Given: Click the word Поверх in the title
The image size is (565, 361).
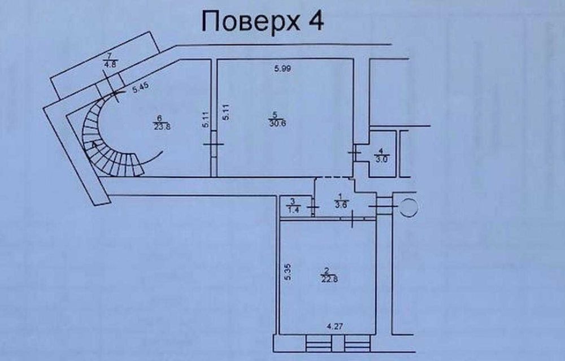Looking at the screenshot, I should coord(248,22).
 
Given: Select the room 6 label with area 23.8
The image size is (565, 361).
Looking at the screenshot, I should coord(161,122).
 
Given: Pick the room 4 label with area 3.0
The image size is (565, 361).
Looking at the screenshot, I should coord(383,155).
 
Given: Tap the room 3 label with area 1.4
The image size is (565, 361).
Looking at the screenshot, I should coord(293,205).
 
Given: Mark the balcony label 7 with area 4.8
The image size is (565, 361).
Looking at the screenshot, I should coord(108,59).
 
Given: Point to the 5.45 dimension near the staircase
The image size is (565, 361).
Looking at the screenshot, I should coord(140,89).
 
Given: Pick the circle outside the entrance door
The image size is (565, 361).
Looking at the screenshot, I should coord(408,207).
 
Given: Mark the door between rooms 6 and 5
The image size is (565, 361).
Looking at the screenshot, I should coord(213,149).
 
